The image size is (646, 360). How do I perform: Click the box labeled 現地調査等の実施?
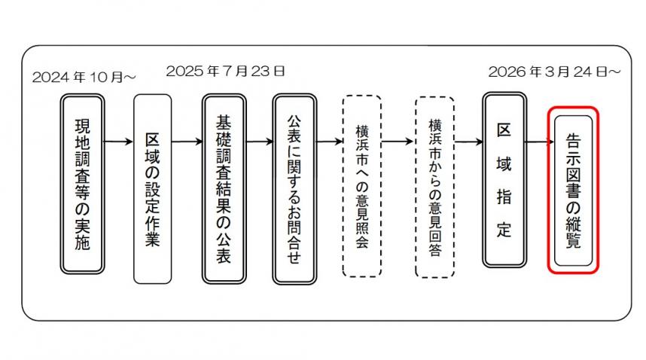[82, 185]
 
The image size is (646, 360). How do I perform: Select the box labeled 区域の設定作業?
[152, 188]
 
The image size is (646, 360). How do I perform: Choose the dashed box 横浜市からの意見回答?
[434, 185]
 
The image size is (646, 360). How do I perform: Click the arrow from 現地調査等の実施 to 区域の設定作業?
[117, 141]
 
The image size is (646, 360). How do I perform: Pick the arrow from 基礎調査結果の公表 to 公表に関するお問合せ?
[257, 141]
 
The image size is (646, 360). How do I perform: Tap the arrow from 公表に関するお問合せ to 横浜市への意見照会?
[328, 141]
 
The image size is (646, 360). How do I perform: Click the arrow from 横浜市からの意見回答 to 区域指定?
[468, 141]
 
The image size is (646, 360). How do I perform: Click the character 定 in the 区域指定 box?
[504, 229]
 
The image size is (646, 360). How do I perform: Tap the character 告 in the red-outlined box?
[573, 140]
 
